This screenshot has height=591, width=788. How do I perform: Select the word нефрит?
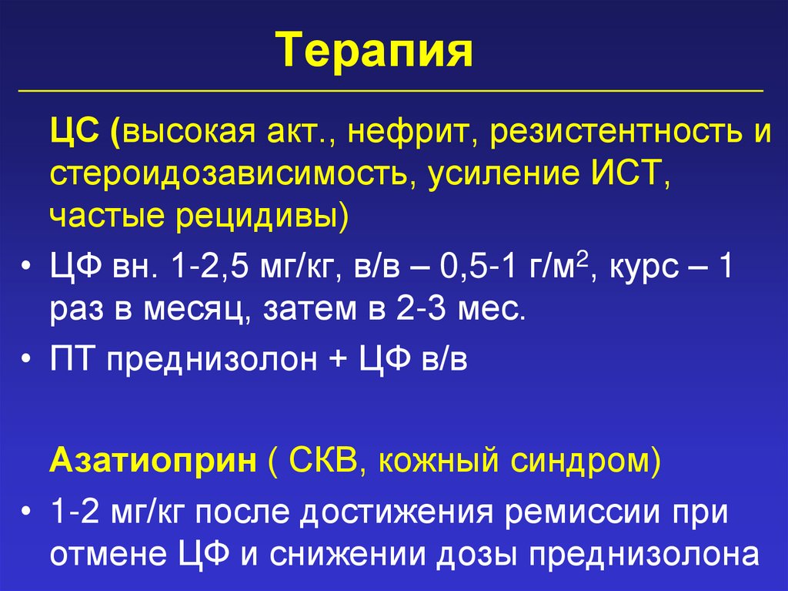tap(399, 133)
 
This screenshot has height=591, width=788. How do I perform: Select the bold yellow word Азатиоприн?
tap(153, 463)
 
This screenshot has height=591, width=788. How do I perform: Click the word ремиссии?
tap(588, 512)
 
